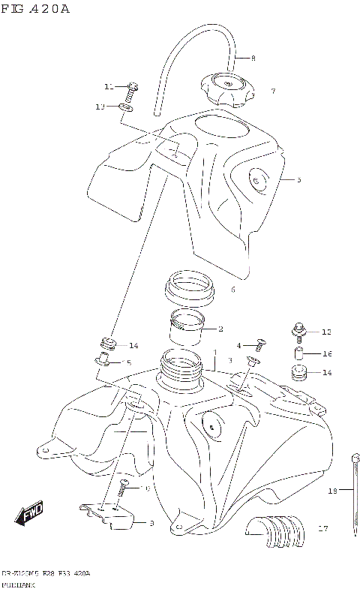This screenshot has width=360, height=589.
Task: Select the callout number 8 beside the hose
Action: [253, 58]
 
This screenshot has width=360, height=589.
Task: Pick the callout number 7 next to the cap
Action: [273, 92]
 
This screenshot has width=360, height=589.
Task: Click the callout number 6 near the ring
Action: [233, 289]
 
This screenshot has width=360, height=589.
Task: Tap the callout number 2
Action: [220, 329]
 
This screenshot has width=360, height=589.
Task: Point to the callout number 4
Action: [238, 345]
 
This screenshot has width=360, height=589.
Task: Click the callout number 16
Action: [327, 353]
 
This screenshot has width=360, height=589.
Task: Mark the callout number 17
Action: [324, 528]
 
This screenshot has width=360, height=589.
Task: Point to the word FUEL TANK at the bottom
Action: [14, 583]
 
